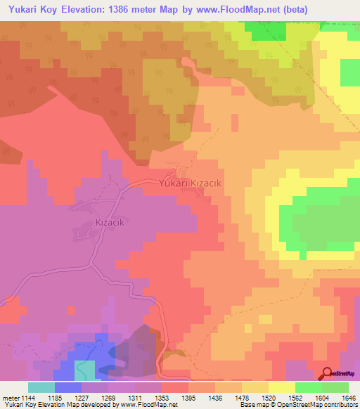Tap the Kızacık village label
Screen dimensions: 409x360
click(110, 222)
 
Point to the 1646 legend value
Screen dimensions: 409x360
click(349, 397)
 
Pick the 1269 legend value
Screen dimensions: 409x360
click(109, 397)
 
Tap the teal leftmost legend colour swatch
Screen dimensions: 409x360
click(41, 387)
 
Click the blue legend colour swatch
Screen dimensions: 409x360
click(68, 387)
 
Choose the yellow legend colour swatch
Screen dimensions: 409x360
click(282, 387)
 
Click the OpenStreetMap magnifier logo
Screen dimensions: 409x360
click(328, 373)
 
